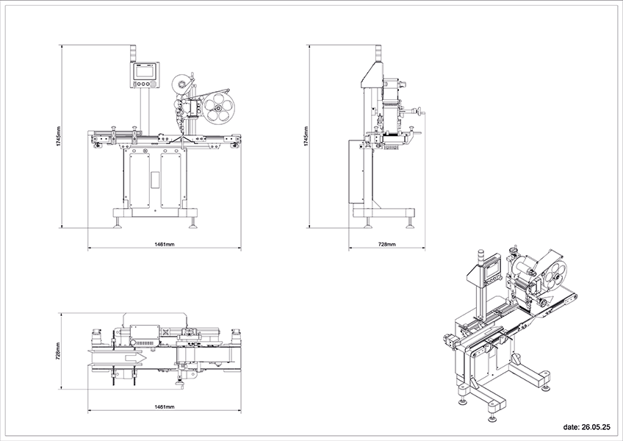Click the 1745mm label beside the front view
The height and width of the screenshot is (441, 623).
tap(59, 137)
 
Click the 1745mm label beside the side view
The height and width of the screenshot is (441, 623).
tap(306, 137)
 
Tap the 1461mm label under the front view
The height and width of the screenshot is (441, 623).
tap(165, 244)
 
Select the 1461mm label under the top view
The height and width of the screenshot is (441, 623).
tap(165, 406)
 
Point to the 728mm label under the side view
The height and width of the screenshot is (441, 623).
tap(387, 244)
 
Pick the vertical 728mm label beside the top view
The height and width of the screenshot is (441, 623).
tap(59, 351)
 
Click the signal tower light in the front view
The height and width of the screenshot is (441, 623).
tap(134, 54)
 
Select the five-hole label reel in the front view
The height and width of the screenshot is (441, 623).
tap(219, 107)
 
